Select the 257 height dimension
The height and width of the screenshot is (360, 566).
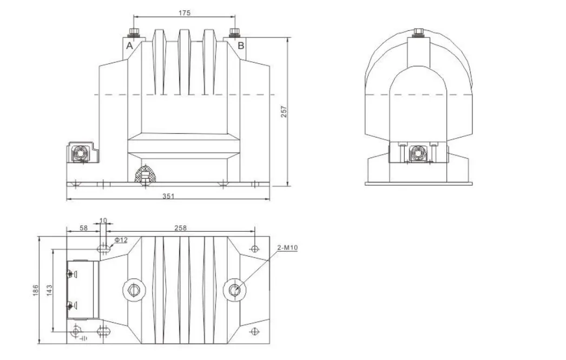pos(284,111)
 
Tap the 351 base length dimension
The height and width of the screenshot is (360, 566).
pos(168,196)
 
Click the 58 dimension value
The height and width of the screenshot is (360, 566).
pos(83,228)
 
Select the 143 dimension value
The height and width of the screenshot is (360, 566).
pos(48,290)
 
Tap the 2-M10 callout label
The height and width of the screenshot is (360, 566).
pos(287,248)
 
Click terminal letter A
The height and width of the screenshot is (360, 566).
pos(129,46)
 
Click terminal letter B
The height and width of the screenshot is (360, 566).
pos(241,46)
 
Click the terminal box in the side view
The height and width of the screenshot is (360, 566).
pos(418,154)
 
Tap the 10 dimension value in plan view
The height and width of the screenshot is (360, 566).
pos(103,221)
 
